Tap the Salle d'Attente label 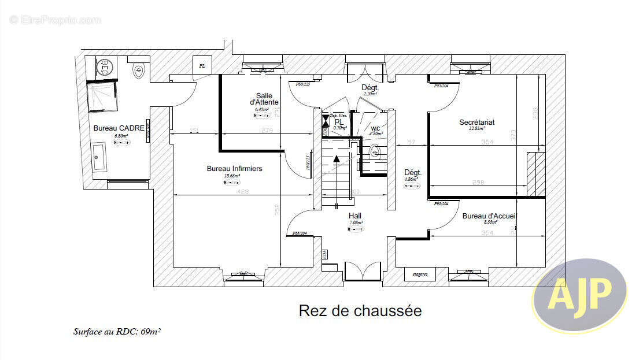click(267, 99)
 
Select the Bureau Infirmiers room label click(234, 169)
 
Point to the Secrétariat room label click(476, 123)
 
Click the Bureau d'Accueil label click(489, 216)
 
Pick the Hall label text click(355, 216)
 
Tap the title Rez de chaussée click(360, 311)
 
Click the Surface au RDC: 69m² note click(117, 332)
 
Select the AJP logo click(579, 295)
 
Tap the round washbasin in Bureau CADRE click(105, 68)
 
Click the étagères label click(420, 274)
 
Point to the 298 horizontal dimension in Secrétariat click(478, 183)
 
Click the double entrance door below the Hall click(363, 272)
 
